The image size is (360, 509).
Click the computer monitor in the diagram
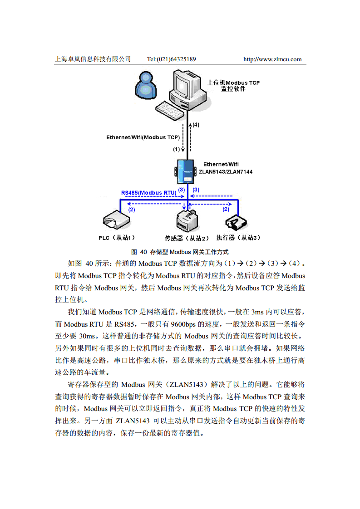click(x=186, y=84)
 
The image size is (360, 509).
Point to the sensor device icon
click(x=187, y=220)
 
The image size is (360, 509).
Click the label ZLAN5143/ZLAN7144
click(x=226, y=172)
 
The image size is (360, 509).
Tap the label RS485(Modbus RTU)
click(x=148, y=193)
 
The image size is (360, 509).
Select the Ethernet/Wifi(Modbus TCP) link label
click(x=143, y=137)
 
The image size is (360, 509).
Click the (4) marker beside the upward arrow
click(x=196, y=124)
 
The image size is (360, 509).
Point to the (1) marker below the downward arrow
click(x=176, y=149)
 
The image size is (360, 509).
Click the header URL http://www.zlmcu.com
click(x=272, y=59)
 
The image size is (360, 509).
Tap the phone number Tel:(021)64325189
click(x=172, y=59)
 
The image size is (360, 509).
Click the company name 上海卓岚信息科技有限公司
click(x=93, y=59)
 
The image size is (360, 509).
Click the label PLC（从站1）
click(x=117, y=237)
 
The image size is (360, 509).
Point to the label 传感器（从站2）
click(x=187, y=238)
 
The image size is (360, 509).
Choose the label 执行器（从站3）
click(x=238, y=237)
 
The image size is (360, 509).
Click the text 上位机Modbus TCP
click(x=233, y=83)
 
